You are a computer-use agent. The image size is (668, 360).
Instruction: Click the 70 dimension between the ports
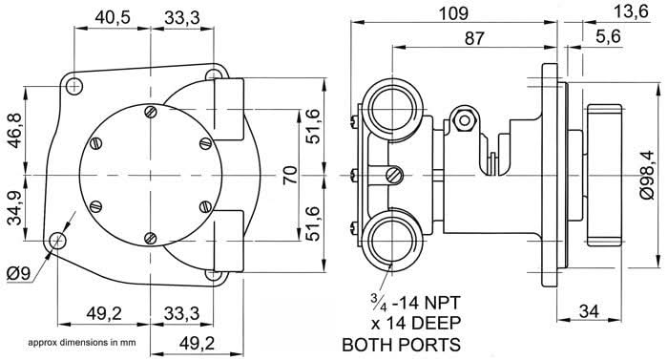(x=291, y=174)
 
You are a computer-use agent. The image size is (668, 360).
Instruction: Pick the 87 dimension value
(x=471, y=38)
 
